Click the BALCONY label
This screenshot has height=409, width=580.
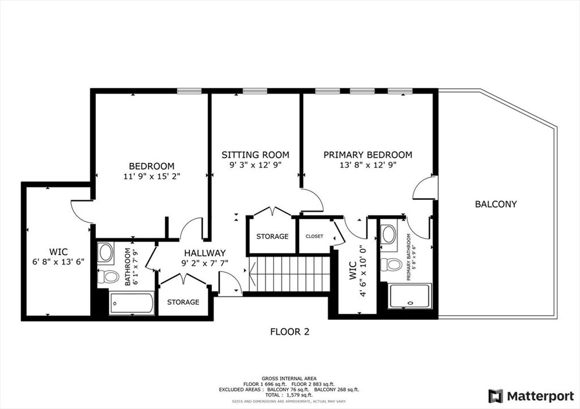(496, 204)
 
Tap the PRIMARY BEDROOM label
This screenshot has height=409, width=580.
(368, 154)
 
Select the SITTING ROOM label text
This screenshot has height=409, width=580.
(255, 154)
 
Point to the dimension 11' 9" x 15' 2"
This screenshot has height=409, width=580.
(151, 176)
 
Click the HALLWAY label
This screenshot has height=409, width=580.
(204, 253)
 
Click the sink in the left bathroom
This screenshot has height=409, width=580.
(105, 252)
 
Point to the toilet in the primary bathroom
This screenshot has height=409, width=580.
(391, 264)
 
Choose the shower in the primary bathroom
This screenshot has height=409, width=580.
(410, 296)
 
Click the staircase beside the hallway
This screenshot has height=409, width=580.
(289, 274)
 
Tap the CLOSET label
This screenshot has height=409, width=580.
(314, 236)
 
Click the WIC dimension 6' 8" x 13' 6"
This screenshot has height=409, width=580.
(58, 261)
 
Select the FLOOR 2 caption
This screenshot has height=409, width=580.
(289, 332)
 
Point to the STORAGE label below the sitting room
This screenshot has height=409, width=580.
(272, 236)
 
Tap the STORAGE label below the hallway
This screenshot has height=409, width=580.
(183, 302)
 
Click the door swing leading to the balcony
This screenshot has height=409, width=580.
(424, 187)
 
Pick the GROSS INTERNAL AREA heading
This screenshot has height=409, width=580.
(289, 378)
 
